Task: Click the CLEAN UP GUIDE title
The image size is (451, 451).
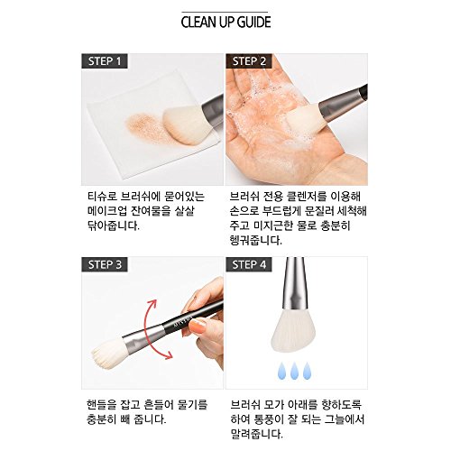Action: tap(225, 23)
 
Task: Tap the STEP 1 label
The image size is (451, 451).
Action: tap(105, 61)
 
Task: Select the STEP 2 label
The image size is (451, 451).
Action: tap(249, 61)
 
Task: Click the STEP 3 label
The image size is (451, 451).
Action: tap(105, 264)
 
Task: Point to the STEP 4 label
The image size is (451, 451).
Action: tap(249, 264)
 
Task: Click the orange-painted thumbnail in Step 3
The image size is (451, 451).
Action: tap(198, 327)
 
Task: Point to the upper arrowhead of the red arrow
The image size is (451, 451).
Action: tap(152, 304)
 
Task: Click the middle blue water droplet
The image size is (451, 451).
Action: tap(294, 371)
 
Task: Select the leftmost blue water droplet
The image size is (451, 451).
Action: tap(281, 371)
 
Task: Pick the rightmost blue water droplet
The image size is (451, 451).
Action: tap(307, 371)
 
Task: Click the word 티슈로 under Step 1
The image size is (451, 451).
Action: tap(102, 197)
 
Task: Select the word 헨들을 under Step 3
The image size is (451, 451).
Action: tap(101, 404)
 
